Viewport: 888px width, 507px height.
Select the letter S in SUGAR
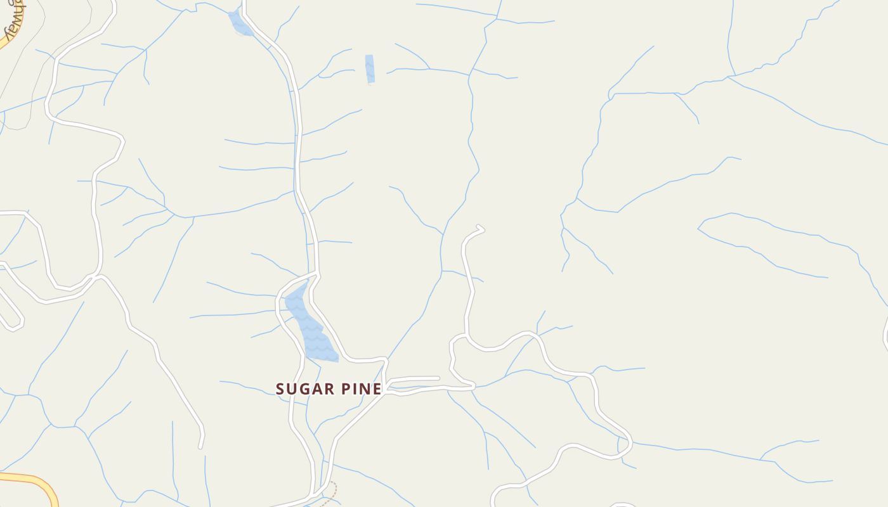[x=280, y=388]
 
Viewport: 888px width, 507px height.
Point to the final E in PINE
[x=377, y=388]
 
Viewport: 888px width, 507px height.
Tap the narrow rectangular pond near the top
[x=370, y=69]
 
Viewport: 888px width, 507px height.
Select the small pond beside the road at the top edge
[x=239, y=24]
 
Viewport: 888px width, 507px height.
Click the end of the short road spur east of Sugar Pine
[x=438, y=378]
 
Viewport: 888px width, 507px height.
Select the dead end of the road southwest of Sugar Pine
[x=200, y=447]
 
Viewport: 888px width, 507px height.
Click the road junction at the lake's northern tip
[x=316, y=275]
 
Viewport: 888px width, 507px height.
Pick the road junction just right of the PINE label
[x=386, y=389]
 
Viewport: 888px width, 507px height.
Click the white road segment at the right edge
[x=885, y=333]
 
